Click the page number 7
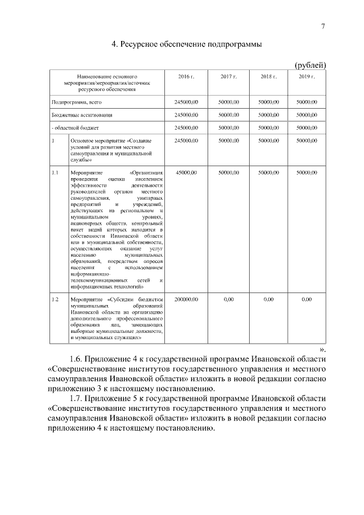click(x=323, y=26)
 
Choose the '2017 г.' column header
click(x=229, y=76)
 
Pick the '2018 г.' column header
click(x=268, y=76)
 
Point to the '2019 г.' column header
click(x=307, y=76)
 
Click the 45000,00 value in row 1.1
click(x=186, y=172)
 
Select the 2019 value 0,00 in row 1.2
click(x=307, y=299)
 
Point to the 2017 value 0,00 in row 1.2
click(x=229, y=299)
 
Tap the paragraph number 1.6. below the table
click(x=78, y=360)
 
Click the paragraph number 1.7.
click(x=78, y=398)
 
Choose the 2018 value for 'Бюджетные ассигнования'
click(x=268, y=115)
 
